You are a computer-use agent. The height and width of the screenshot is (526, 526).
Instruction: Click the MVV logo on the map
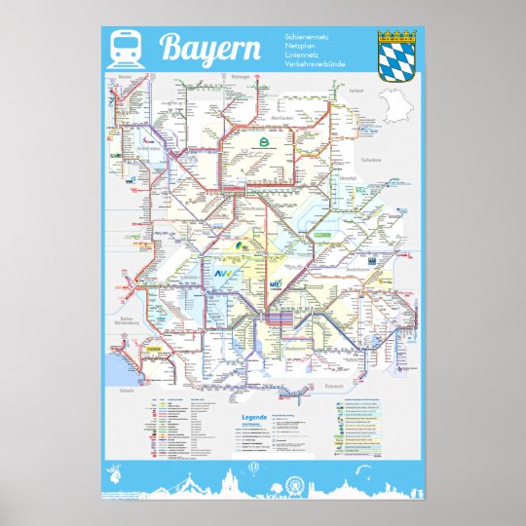pyautogui.click(x=276, y=285)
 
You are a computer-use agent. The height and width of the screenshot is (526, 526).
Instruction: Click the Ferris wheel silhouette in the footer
pyautogui.click(x=296, y=483)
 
